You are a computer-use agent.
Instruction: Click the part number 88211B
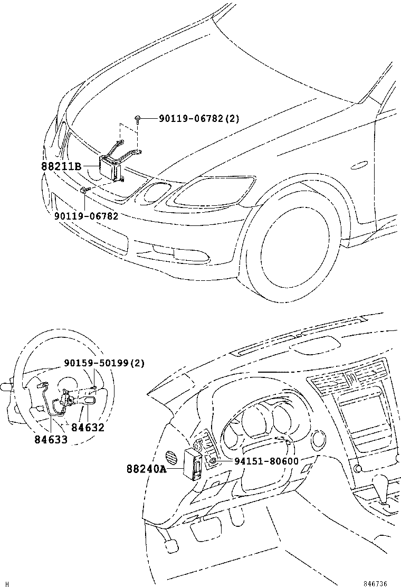61,166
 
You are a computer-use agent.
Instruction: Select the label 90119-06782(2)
199,119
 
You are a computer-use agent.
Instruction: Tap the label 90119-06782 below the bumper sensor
85,215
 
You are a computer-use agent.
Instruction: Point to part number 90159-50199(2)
104,363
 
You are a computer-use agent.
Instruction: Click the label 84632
88,428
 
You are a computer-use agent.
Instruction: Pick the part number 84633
51,439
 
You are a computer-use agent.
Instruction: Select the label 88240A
146,468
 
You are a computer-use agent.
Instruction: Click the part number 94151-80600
266,461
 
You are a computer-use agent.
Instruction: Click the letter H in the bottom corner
7,583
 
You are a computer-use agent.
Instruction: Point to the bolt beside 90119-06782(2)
137,119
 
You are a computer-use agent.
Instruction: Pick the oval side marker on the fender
360,165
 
